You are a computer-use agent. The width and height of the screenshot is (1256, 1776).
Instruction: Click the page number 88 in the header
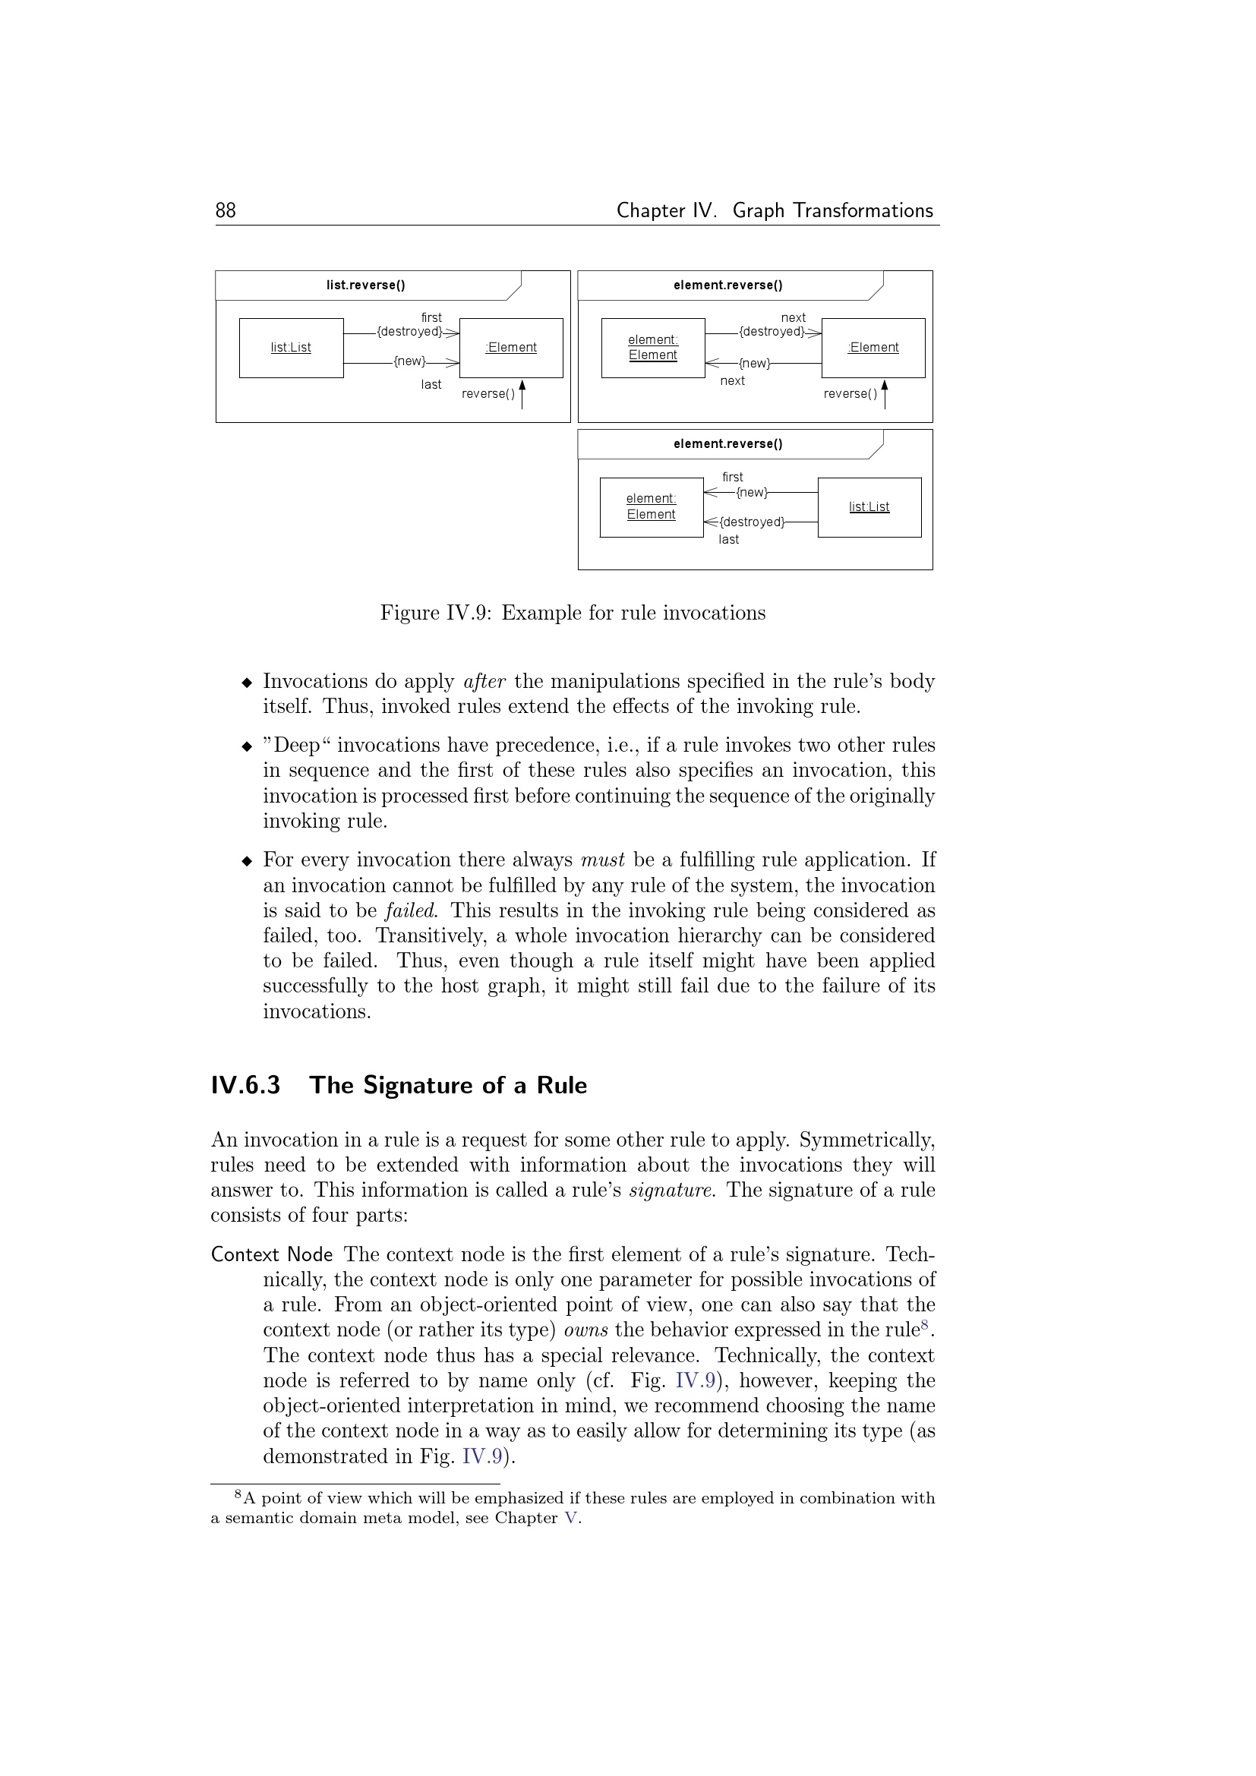pyautogui.click(x=225, y=210)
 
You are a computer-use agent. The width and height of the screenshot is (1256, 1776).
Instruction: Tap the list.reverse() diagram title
pyautogui.click(x=365, y=285)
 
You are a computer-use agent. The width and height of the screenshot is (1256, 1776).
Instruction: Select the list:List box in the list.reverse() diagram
pyautogui.click(x=291, y=348)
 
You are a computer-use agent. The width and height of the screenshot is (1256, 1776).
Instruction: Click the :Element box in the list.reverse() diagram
pyautogui.click(x=510, y=348)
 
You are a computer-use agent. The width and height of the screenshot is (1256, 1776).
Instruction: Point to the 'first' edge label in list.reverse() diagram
pyautogui.click(x=431, y=317)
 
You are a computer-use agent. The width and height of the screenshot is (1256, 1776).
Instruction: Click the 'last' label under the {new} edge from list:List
pyautogui.click(x=431, y=384)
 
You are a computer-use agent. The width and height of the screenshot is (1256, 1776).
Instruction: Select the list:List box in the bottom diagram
pyautogui.click(x=869, y=507)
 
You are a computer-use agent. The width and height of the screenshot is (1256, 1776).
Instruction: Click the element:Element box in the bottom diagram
pyautogui.click(x=652, y=507)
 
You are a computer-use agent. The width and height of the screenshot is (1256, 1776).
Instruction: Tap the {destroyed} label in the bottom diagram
pyautogui.click(x=752, y=522)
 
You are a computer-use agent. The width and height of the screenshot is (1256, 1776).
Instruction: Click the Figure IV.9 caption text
pyautogui.click(x=573, y=613)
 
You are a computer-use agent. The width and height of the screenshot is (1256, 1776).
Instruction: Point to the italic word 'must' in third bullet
pyautogui.click(x=602, y=860)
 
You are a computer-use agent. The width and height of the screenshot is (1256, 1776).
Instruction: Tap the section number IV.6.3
pyautogui.click(x=245, y=1085)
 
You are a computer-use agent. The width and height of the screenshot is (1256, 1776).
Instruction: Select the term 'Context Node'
pyautogui.click(x=271, y=1254)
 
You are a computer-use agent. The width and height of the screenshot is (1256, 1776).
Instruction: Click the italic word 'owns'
pyautogui.click(x=585, y=1330)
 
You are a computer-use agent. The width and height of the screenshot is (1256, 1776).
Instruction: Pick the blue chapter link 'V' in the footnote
pyautogui.click(x=571, y=1518)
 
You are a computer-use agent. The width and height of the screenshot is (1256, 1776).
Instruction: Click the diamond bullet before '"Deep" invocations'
pyautogui.click(x=247, y=746)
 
